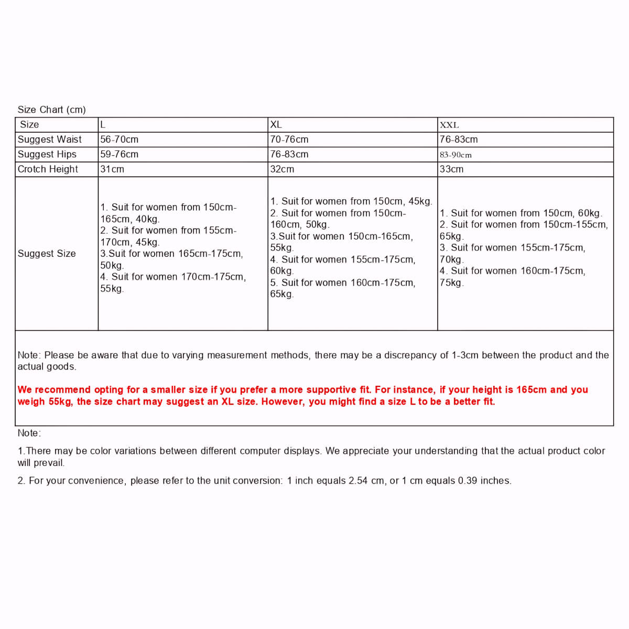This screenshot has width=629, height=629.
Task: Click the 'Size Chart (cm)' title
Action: (x=51, y=110)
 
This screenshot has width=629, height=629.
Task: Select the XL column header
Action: (x=276, y=125)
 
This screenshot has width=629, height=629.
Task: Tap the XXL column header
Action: (x=449, y=125)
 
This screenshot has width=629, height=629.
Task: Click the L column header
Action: (x=103, y=125)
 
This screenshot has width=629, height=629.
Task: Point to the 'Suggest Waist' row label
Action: (x=50, y=139)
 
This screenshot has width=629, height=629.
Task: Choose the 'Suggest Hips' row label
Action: (x=47, y=154)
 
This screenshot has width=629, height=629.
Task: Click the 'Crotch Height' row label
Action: (x=48, y=169)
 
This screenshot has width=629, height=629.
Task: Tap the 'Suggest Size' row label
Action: (x=47, y=254)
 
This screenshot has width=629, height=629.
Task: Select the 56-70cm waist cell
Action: (x=120, y=139)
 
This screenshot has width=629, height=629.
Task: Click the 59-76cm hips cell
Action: (x=120, y=154)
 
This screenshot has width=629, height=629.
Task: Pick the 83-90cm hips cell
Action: (x=456, y=155)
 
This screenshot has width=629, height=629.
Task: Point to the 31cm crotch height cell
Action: (x=112, y=169)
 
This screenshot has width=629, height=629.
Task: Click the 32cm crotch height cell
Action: (x=282, y=169)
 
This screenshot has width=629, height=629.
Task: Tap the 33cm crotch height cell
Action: (x=451, y=169)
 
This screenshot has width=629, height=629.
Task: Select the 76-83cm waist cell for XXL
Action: (x=459, y=139)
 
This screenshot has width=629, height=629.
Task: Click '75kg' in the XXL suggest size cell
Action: (x=451, y=283)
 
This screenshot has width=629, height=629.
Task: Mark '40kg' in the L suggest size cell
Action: (x=147, y=219)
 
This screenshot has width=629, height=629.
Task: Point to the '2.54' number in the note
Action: (x=359, y=481)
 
